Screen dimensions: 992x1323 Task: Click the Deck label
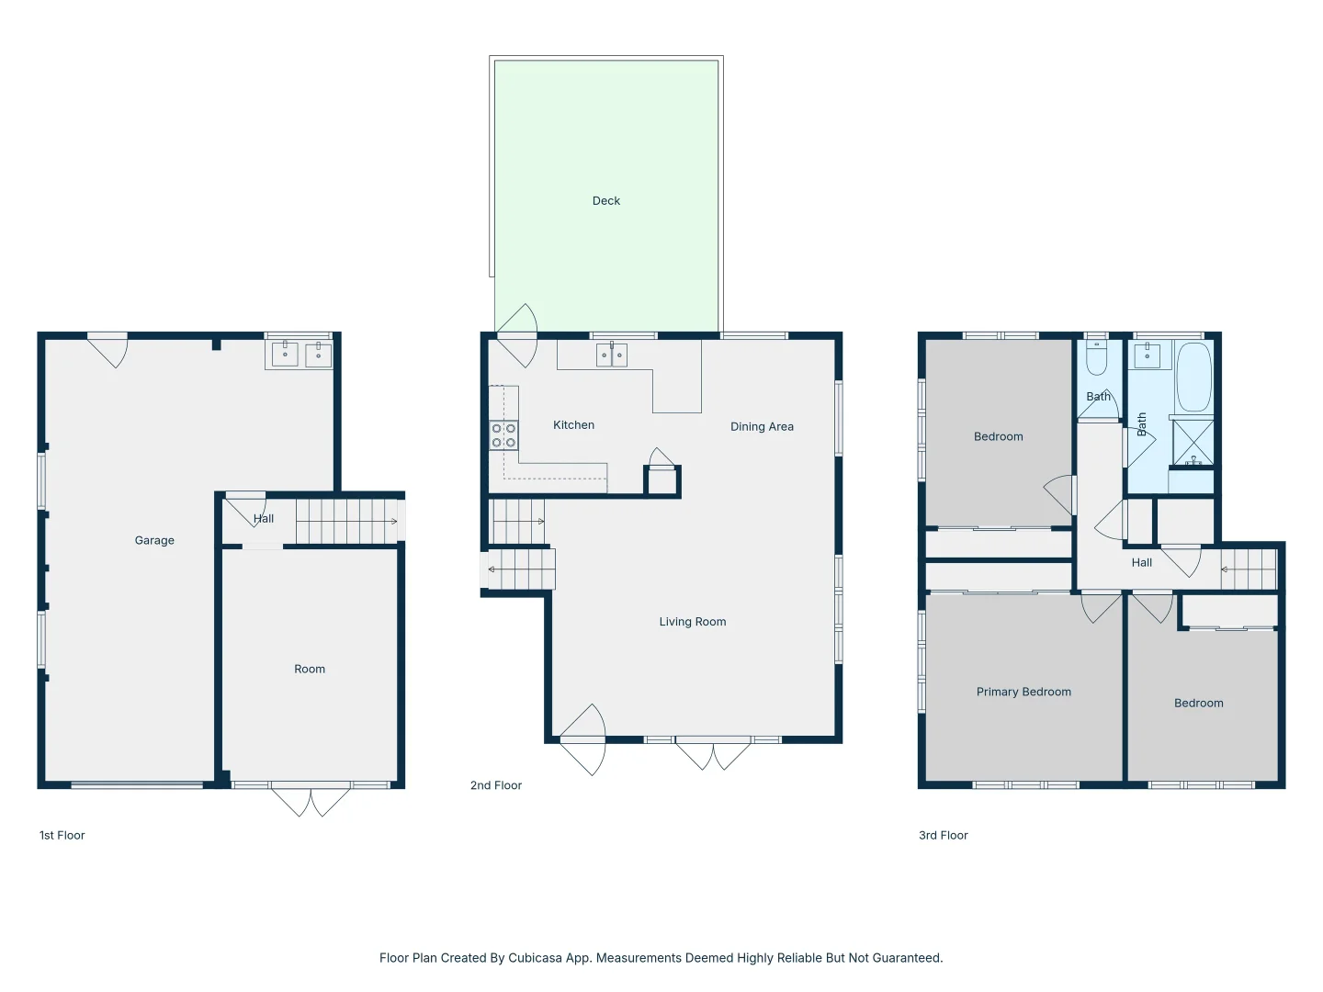tap(606, 201)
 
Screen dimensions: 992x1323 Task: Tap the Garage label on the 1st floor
tap(154, 541)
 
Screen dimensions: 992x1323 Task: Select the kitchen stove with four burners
tap(503, 435)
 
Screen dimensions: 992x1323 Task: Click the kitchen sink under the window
tap(612, 355)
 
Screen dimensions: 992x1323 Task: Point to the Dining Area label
tap(762, 427)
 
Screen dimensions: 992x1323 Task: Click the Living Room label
tap(692, 622)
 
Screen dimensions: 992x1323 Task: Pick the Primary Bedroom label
tap(1023, 693)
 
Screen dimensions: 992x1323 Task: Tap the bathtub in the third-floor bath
tap(1193, 378)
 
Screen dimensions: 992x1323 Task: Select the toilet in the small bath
tap(1097, 358)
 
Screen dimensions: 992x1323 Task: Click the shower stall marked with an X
tap(1193, 443)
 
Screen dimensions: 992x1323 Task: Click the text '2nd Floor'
tap(496, 785)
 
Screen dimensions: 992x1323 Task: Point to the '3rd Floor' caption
tap(944, 836)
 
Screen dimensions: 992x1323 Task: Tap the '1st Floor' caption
tap(62, 836)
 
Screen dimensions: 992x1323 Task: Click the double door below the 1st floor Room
tap(311, 800)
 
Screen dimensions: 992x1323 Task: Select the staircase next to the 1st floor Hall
tap(346, 522)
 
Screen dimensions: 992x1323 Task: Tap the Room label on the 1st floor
tap(310, 670)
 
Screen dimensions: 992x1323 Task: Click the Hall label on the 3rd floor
tap(1141, 563)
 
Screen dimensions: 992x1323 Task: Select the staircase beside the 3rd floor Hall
tap(1249, 569)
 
